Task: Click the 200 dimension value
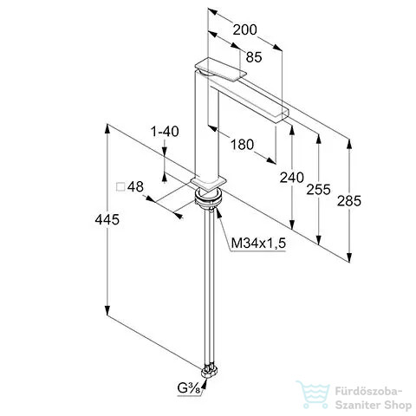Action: click(244, 29)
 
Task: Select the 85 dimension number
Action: click(254, 57)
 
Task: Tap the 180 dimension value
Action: click(242, 145)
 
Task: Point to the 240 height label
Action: click(291, 178)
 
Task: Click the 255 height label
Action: click(318, 190)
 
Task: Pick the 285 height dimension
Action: click(349, 201)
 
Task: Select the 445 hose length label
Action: click(107, 220)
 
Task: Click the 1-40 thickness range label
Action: click(165, 132)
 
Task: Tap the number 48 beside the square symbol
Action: click(135, 187)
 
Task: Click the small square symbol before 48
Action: click(120, 187)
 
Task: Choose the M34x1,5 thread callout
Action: click(258, 244)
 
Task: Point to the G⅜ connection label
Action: click(189, 388)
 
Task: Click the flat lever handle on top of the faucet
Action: click(221, 69)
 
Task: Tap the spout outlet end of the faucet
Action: click(282, 114)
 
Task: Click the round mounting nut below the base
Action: click(209, 198)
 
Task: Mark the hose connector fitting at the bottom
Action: click(209, 371)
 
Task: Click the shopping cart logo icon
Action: click(313, 394)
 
